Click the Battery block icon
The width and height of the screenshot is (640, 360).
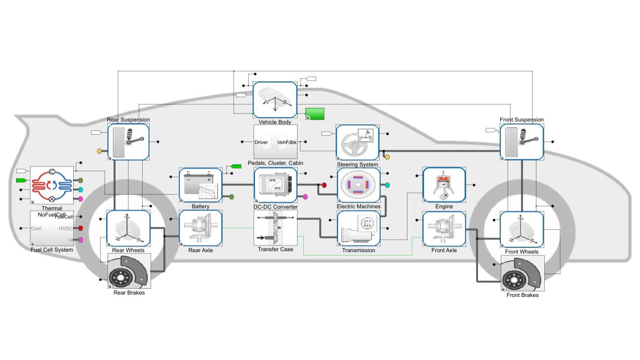200,185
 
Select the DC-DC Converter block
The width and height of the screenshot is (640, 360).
276,185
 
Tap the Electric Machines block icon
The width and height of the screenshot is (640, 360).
359,185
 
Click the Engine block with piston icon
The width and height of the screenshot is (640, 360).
444,185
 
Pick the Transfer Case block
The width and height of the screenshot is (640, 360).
276,228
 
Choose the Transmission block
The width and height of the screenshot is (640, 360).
359,228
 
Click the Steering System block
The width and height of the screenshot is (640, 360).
357,142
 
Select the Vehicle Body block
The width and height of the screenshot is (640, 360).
275,100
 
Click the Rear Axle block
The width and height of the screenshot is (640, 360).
200,228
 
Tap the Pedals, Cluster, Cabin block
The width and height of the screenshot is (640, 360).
276,142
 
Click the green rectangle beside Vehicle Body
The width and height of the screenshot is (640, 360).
315,113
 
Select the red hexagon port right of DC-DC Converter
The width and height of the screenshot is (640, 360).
323,185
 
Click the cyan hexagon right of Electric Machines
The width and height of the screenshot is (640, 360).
387,185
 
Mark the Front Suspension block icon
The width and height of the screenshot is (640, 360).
522,142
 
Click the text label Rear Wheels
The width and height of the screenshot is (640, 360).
128,251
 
